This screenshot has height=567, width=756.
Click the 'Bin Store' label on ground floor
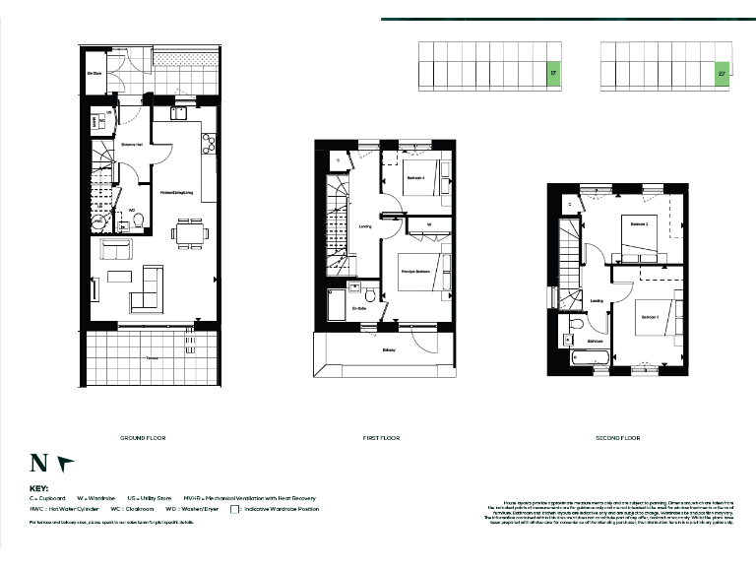coord(95,74)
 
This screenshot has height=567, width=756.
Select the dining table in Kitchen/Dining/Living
coord(190,233)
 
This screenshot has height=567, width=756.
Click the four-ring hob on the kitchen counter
coord(208,146)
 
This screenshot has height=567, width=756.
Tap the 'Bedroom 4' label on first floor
coord(415,178)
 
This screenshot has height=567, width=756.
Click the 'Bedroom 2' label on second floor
coord(639,224)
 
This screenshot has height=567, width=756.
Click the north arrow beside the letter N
coord(65,461)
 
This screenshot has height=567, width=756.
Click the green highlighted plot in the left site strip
coord(553,73)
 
